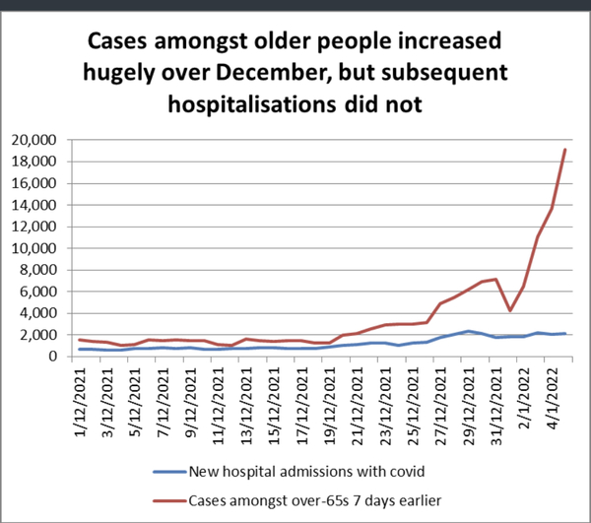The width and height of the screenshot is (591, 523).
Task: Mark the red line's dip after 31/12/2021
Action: [x=509, y=310]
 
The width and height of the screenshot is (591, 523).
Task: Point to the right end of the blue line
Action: [x=563, y=334]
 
